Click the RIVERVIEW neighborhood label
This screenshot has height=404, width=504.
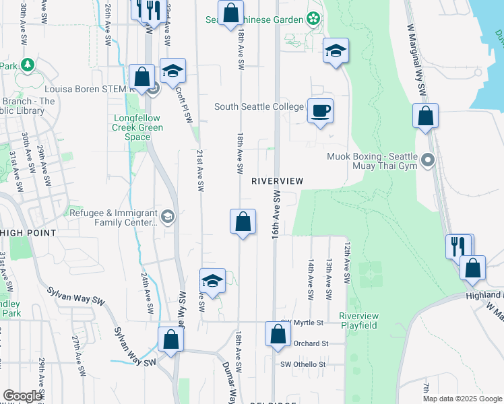click(278, 181)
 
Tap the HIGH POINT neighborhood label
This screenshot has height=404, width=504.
click(28, 232)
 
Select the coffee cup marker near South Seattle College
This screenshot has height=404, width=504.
click(320, 110)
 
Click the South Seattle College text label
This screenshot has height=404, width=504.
click(259, 106)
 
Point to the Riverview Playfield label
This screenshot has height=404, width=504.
click(358, 321)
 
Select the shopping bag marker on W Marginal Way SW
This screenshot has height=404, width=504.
click(425, 117)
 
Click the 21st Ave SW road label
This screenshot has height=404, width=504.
click(200, 171)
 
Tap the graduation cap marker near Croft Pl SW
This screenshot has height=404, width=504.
click(173, 71)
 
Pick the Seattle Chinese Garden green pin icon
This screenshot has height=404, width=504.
click(313, 18)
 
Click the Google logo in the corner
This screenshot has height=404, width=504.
click(22, 396)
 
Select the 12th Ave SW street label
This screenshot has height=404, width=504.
click(347, 263)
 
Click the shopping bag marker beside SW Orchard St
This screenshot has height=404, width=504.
click(277, 335)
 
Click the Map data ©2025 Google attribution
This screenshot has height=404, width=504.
click(462, 399)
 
